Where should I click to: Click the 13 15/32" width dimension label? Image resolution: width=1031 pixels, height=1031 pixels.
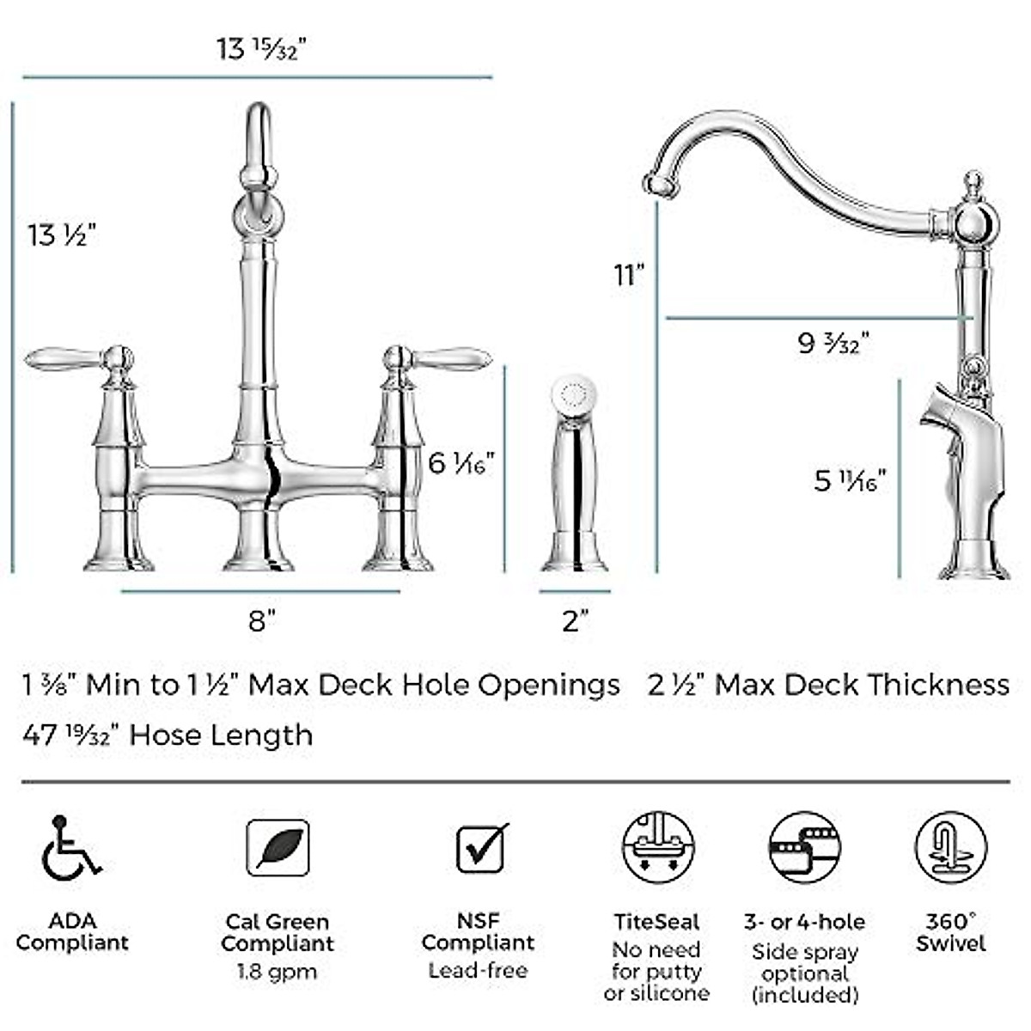point(261,48)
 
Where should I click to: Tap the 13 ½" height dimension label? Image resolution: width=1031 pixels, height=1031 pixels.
point(60,234)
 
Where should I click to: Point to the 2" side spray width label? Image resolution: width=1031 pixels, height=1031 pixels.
point(575,620)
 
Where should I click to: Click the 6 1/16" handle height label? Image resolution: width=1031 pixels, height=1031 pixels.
point(461,464)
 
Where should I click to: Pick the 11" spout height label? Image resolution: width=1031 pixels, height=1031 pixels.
point(629,275)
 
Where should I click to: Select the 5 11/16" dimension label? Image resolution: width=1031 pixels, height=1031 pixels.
point(850,480)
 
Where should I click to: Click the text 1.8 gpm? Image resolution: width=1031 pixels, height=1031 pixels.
point(277,973)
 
